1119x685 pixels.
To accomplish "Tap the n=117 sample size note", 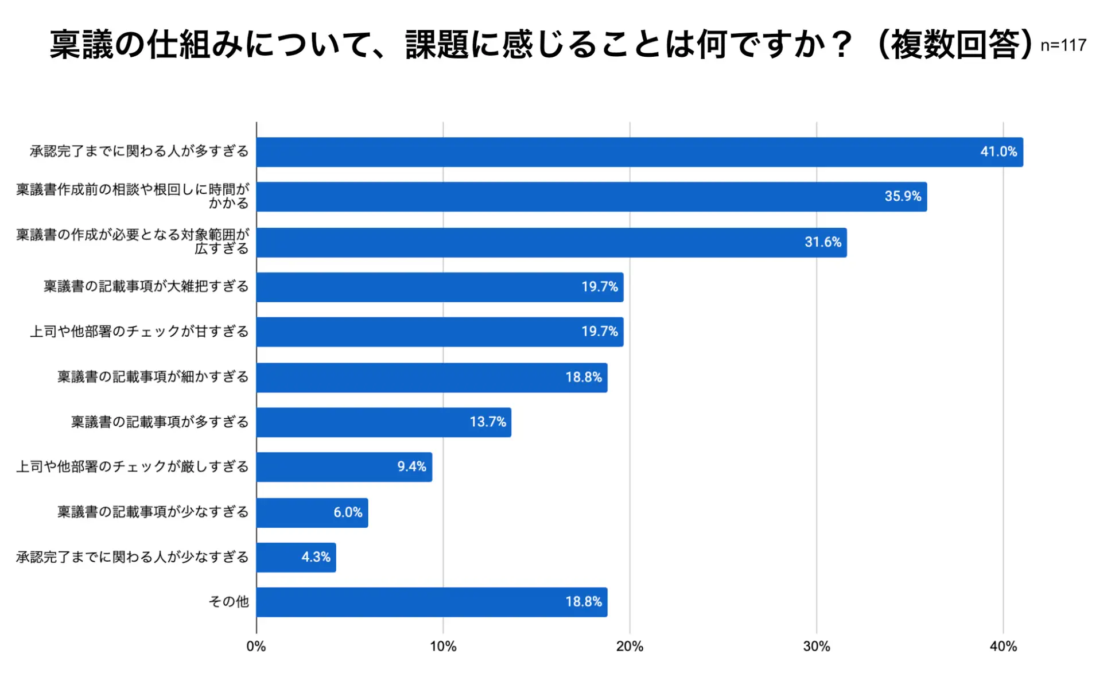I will (x=1063, y=45).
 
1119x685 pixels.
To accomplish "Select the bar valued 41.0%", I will (x=639, y=152).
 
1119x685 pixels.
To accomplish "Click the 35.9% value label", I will (x=902, y=197).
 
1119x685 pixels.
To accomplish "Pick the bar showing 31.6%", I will (x=551, y=242).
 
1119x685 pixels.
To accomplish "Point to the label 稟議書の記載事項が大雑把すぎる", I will (x=146, y=286).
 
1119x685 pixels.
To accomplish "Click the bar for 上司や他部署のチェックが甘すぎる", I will (x=440, y=332).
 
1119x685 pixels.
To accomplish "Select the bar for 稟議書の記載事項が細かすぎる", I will (x=432, y=377).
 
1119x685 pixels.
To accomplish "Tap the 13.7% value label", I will (x=487, y=422).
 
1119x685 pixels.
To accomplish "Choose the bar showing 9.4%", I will (x=344, y=467).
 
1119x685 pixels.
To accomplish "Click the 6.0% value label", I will (x=348, y=512).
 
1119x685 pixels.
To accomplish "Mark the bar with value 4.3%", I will (x=296, y=557).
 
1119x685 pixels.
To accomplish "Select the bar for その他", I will (x=432, y=602).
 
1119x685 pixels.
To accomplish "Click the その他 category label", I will (x=228, y=602).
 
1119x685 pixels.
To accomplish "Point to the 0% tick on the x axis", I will (x=256, y=647).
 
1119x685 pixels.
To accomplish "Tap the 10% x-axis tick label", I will (x=443, y=647).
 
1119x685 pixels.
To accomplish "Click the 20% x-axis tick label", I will (x=630, y=647).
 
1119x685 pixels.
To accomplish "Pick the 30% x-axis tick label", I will (x=816, y=647).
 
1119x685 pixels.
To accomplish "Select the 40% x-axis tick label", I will (x=1003, y=647).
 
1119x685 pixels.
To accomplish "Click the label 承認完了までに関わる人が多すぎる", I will (x=139, y=151).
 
